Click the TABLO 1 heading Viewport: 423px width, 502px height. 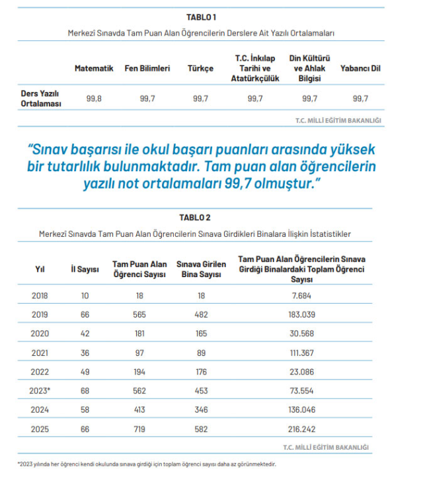(x=206, y=17)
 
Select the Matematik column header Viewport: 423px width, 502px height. (x=94, y=68)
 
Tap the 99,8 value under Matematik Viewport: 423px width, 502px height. (x=94, y=99)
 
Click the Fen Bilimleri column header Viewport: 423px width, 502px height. (x=147, y=68)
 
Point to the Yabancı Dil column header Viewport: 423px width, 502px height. (x=360, y=68)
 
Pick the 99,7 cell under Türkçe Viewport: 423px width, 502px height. (x=200, y=99)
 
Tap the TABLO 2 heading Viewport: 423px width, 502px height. (x=195, y=218)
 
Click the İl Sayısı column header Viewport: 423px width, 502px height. (x=85, y=269)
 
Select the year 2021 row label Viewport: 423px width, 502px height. (x=40, y=353)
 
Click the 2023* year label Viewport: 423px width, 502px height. (x=41, y=391)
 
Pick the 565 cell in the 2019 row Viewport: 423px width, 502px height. (x=139, y=315)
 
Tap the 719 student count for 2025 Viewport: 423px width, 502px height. (x=139, y=429)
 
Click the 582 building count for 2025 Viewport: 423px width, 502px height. (x=200, y=429)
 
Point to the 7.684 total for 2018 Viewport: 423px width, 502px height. (x=301, y=296)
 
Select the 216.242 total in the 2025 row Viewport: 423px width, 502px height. (x=301, y=429)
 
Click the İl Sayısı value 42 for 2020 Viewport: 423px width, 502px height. (x=85, y=334)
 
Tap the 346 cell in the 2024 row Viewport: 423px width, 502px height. (x=200, y=410)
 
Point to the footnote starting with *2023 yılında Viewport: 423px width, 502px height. (x=146, y=464)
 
